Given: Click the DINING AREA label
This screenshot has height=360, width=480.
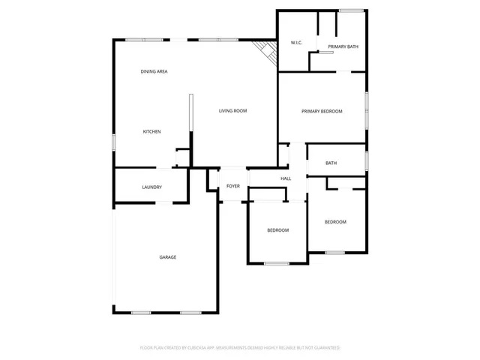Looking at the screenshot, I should click(154, 71).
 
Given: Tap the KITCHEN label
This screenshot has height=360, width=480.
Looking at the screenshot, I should click(152, 131).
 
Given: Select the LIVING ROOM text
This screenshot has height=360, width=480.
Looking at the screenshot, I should click(232, 111).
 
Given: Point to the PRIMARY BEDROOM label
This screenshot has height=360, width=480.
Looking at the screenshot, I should click(322, 111).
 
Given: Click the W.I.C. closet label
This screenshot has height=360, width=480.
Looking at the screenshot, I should click(296, 43).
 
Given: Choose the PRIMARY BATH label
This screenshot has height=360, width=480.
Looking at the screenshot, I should click(343, 46).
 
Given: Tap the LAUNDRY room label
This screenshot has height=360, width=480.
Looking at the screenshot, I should click(152, 187).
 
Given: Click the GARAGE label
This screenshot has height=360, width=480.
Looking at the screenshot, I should click(167, 257).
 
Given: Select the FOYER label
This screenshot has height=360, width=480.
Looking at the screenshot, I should click(233, 186).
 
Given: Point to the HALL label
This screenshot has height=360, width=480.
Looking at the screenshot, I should click(286, 178).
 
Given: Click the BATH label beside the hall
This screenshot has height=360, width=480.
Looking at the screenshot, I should click(331, 163).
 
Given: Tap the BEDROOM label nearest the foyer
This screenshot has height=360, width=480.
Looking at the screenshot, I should click(277, 230).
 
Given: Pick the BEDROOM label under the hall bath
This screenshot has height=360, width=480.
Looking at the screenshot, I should click(335, 222).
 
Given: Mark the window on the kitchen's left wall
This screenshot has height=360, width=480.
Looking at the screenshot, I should click(114, 141).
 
